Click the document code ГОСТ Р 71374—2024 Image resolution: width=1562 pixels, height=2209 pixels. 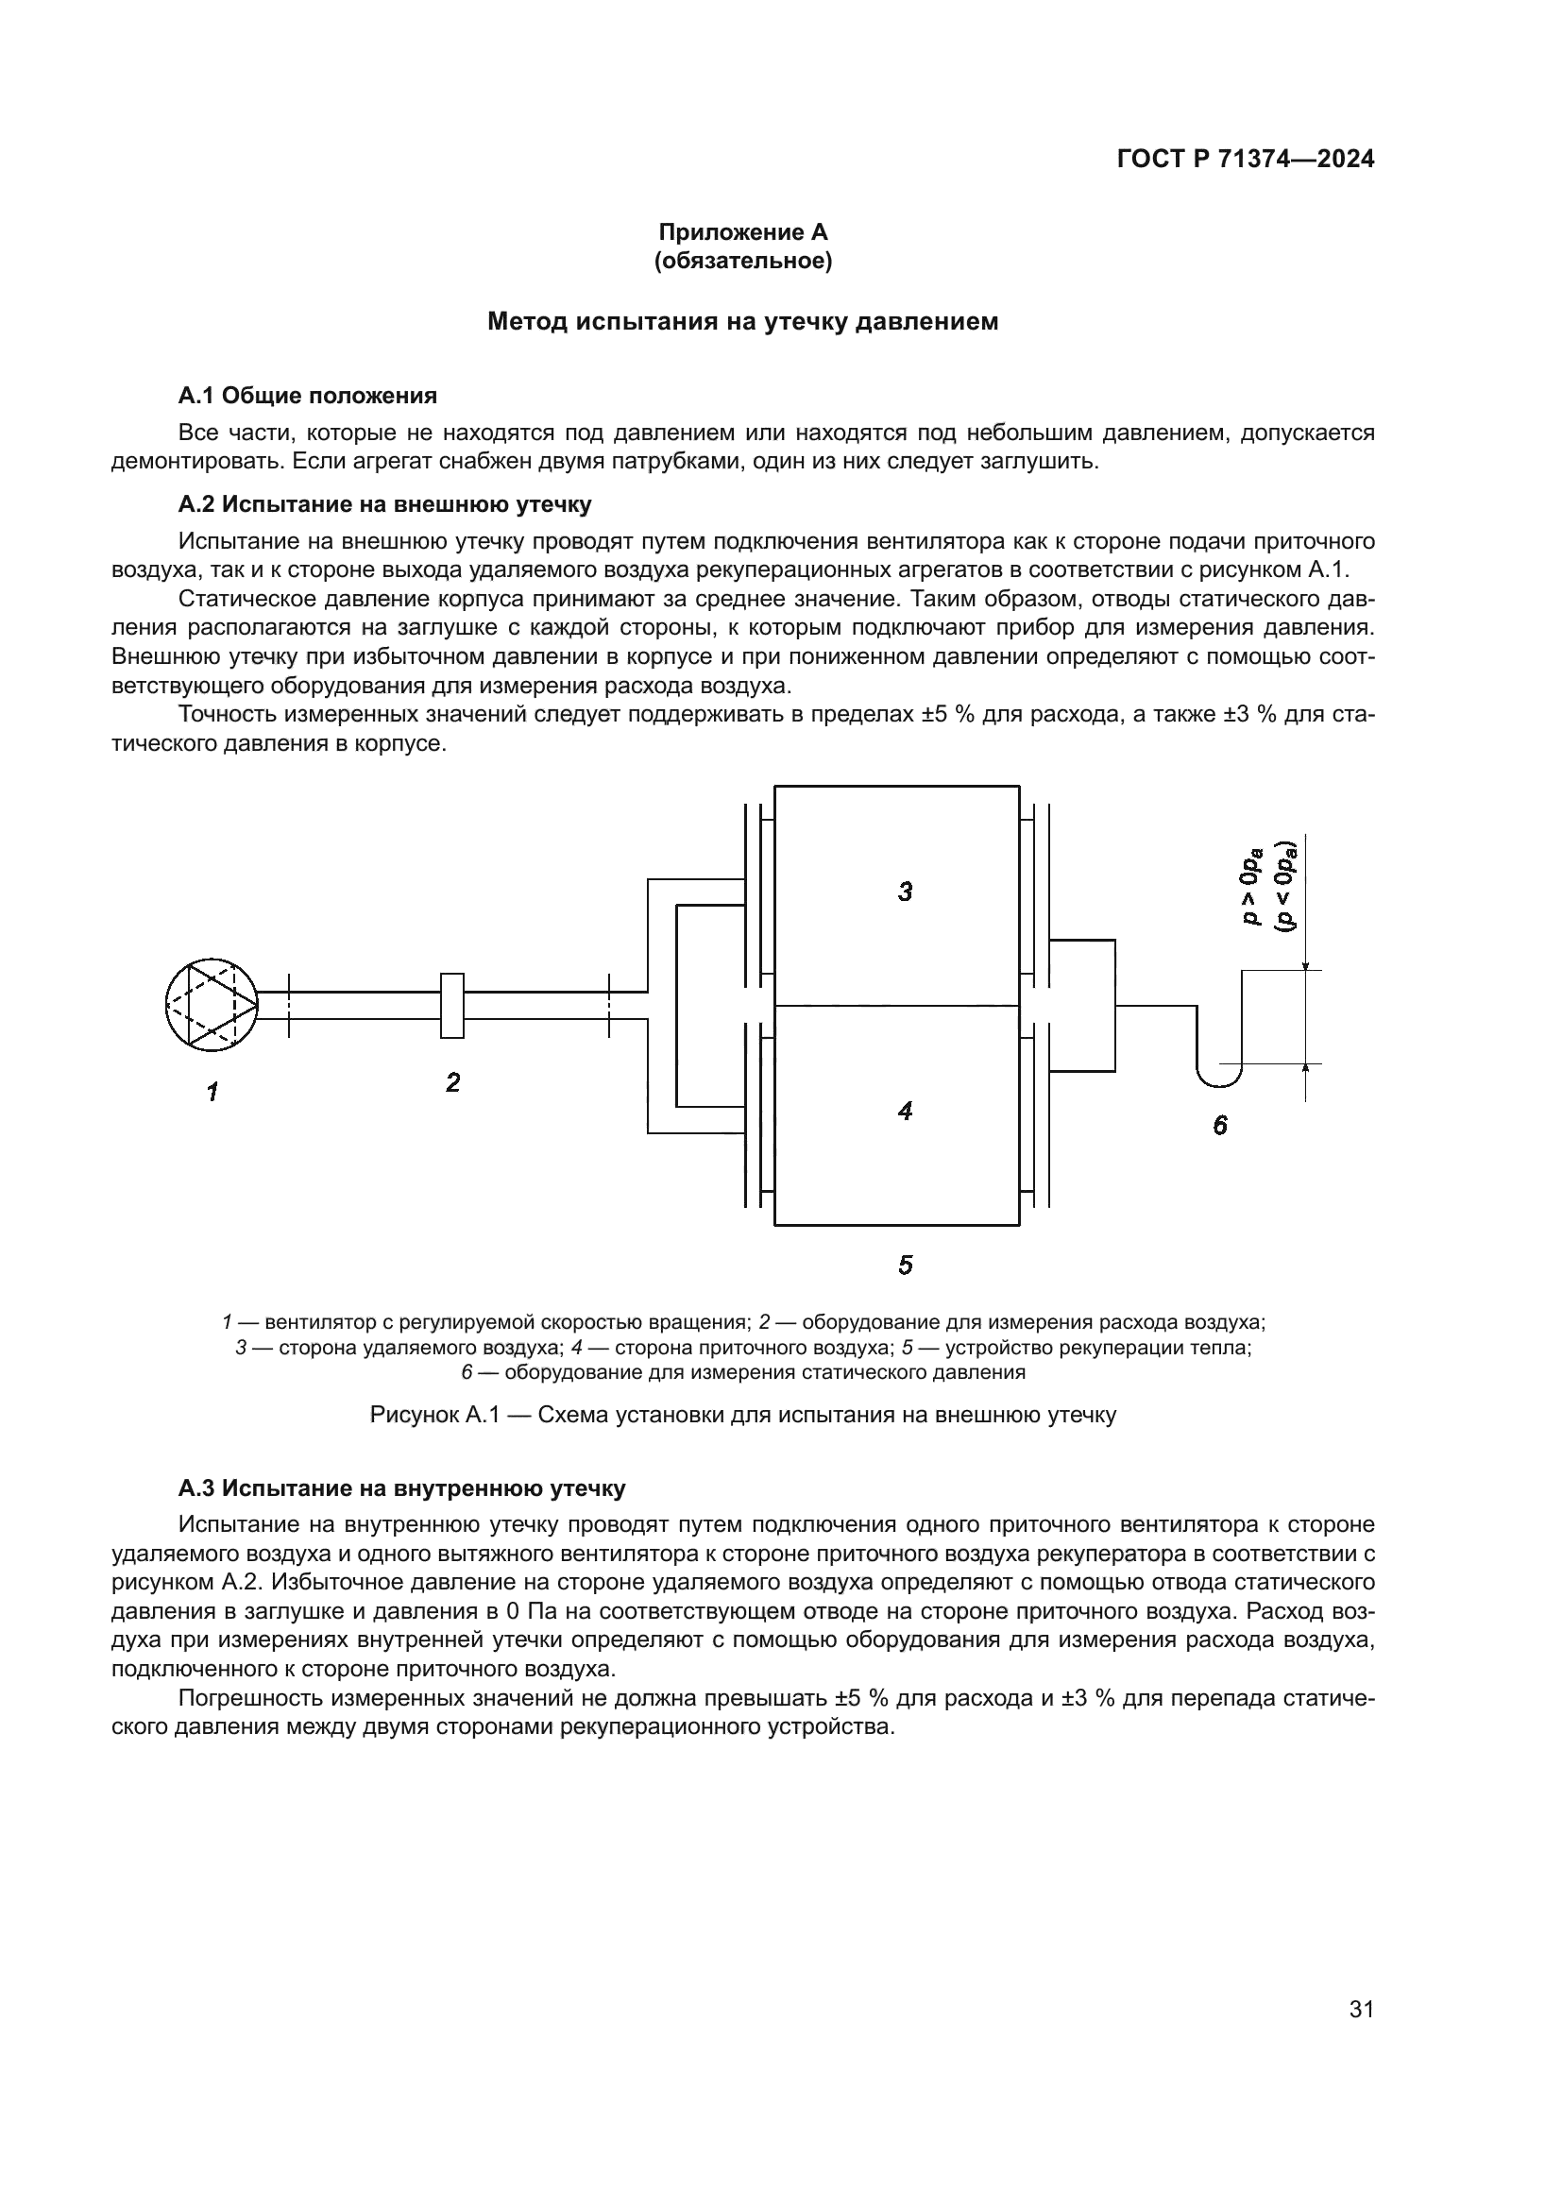[1245, 160]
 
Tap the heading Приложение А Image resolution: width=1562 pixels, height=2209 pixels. [742, 232]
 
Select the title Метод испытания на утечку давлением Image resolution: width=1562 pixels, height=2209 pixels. [742, 321]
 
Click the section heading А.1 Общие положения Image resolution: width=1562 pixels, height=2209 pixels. [308, 396]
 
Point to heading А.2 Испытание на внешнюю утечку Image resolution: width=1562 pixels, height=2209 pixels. [384, 504]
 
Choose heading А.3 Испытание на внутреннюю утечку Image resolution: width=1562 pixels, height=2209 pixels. [402, 1488]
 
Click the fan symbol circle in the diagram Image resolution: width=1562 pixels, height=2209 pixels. [212, 1006]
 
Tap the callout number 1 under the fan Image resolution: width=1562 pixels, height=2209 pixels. [212, 1092]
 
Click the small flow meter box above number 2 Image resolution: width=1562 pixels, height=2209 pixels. [452, 1006]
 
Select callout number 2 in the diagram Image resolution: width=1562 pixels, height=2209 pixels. [453, 1083]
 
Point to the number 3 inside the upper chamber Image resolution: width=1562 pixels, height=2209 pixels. [905, 892]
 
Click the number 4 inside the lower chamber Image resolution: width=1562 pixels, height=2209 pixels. [905, 1112]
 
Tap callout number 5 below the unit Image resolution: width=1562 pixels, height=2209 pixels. [905, 1266]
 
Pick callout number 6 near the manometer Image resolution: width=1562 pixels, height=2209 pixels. [1219, 1125]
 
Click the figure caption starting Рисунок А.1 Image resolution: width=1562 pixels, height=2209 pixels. [742, 1416]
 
